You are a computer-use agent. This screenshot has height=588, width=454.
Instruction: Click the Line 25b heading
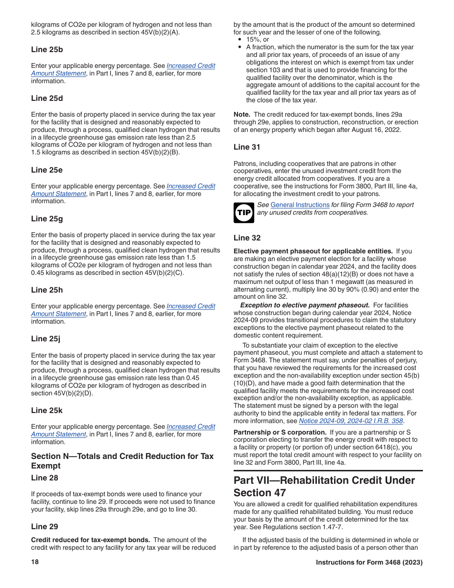(47, 50)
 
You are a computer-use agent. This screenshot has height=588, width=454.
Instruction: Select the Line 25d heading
(47, 98)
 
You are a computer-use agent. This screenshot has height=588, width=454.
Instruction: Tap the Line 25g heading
(47, 219)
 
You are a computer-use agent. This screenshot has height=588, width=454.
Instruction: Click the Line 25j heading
(46, 339)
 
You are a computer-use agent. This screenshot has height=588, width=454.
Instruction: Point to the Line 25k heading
(47, 411)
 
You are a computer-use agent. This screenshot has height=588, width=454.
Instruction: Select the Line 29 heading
(44, 527)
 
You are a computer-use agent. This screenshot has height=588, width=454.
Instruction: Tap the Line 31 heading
(247, 147)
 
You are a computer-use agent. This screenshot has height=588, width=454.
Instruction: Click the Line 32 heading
(247, 238)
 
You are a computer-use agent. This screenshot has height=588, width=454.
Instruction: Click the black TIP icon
(244, 213)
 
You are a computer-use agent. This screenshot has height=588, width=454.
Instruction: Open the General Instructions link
(300, 205)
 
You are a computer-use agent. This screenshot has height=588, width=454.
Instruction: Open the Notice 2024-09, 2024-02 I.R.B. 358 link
(351, 421)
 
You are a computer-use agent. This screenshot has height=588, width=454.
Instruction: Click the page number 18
(35, 562)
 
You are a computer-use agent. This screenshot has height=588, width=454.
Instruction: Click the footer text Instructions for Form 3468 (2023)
(369, 563)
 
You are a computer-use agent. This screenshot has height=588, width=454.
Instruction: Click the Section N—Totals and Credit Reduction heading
(122, 461)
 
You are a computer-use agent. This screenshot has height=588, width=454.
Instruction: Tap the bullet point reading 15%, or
(258, 40)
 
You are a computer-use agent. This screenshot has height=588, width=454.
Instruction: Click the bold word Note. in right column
(242, 115)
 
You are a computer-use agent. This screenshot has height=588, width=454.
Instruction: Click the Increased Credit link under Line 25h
(191, 306)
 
